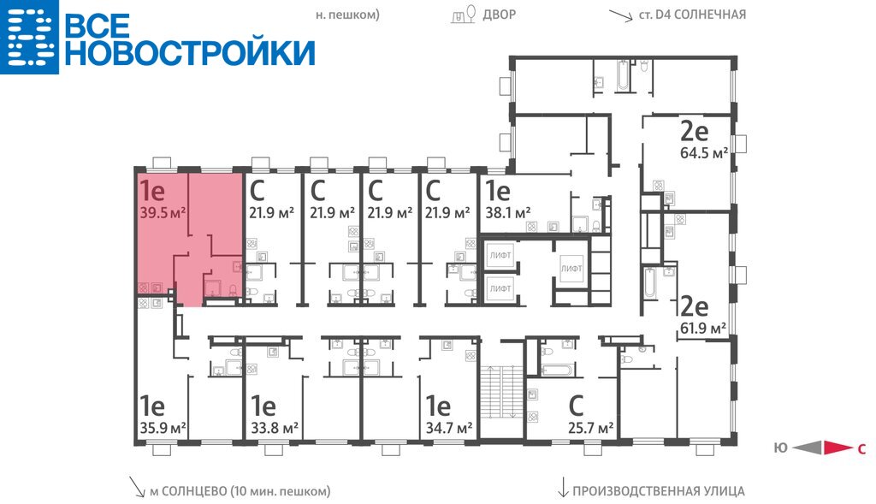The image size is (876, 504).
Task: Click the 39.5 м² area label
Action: click(x=163, y=213)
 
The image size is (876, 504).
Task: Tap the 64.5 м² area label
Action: click(x=704, y=152)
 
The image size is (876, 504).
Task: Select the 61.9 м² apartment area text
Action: click(x=703, y=328)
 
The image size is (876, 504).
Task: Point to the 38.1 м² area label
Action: click(x=508, y=213)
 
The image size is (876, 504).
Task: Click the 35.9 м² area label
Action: click(x=163, y=429)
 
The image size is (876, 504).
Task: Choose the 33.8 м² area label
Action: click(x=275, y=429)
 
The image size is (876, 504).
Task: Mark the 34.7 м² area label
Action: click(x=449, y=429)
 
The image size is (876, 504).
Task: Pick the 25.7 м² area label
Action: click(x=591, y=429)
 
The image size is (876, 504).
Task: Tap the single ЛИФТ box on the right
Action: click(x=571, y=269)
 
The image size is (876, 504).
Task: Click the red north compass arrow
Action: click(x=838, y=448)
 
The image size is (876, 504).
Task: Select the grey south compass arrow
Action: click(x=808, y=448)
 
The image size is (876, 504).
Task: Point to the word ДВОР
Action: click(x=500, y=14)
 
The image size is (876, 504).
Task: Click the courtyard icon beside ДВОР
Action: click(x=465, y=15)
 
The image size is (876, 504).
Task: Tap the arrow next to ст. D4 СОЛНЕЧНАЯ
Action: click(x=621, y=15)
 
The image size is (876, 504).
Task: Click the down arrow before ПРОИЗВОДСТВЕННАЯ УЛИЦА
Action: click(x=564, y=487)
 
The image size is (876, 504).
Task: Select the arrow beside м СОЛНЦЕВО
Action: click(x=136, y=487)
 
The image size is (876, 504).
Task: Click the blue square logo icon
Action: click(x=29, y=37)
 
